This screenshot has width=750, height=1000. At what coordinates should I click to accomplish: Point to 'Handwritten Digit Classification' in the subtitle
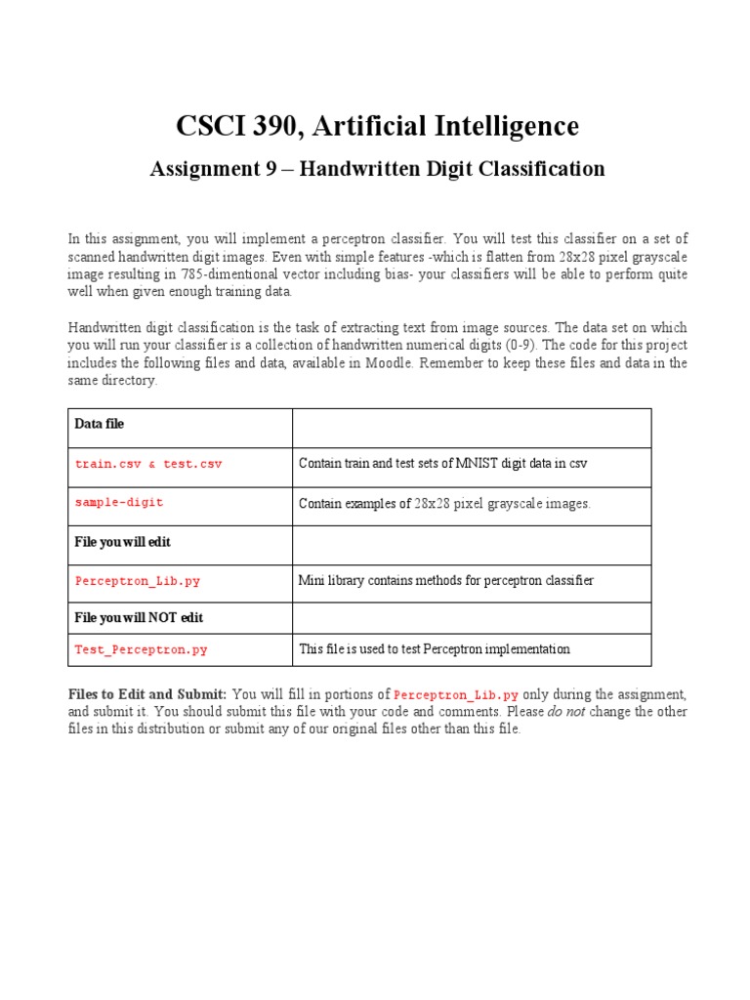coord(452,169)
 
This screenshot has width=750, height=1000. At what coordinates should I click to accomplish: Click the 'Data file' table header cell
coord(100,424)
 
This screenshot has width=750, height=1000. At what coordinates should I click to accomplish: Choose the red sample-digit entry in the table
coord(119,503)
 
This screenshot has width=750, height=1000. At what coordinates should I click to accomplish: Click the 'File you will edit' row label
coord(123,541)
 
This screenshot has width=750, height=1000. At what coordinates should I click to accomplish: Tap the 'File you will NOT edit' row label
coord(139,618)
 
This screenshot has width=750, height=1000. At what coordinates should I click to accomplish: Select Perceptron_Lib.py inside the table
coord(138,580)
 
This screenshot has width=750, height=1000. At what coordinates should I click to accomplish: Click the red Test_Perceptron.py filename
coord(141,649)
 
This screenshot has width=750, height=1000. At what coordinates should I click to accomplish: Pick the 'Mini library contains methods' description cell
coord(445,580)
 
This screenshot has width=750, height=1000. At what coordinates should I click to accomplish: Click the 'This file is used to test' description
coord(434,649)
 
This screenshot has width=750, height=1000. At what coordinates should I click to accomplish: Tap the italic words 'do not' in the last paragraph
coord(565,712)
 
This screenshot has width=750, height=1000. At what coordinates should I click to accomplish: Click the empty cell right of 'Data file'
coord(472,427)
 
